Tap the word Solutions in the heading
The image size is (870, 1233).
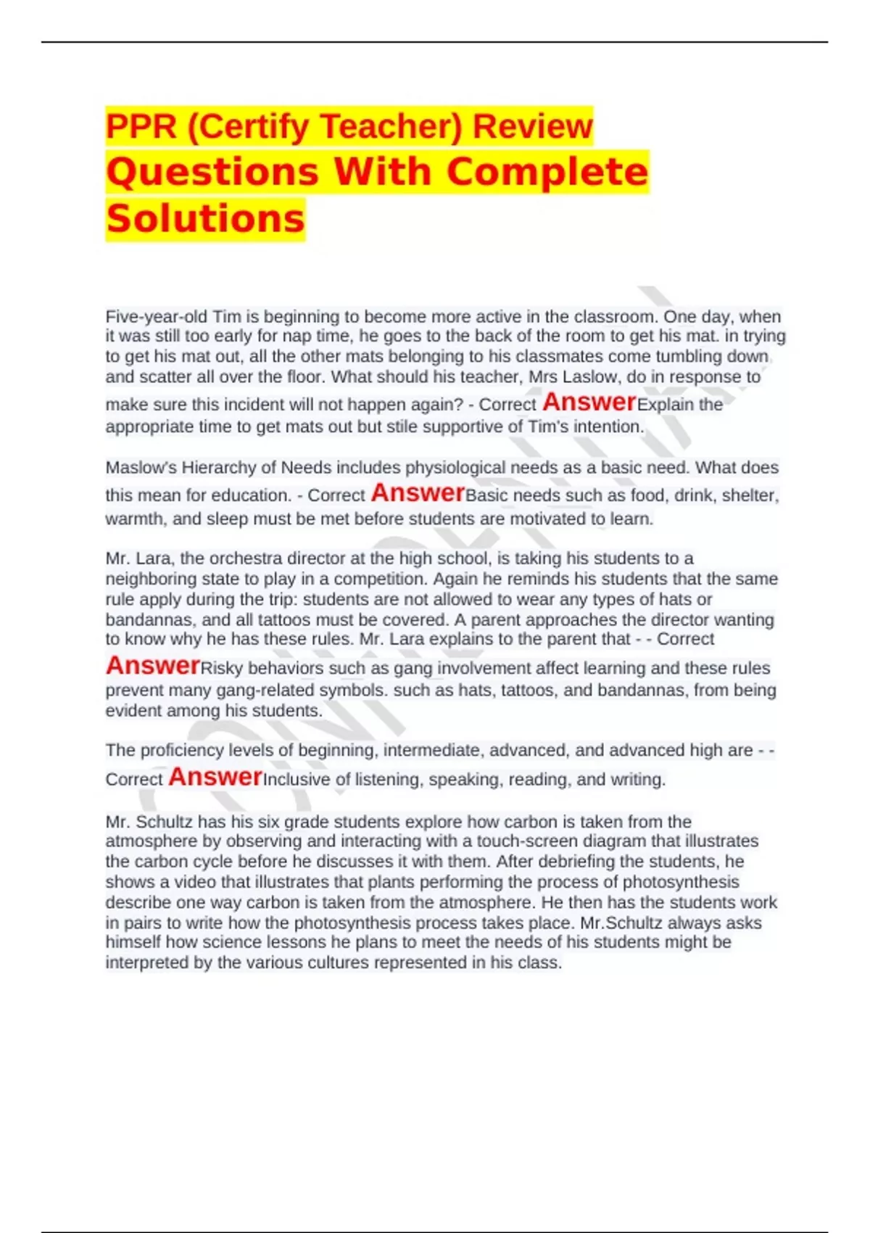205,218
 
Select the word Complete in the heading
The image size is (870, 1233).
547,172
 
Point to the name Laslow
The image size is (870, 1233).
597,377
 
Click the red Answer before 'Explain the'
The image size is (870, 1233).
589,402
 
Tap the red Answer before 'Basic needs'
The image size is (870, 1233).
418,493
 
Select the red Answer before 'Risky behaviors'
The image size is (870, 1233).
152,665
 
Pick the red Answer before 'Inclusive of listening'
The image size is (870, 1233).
215,777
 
